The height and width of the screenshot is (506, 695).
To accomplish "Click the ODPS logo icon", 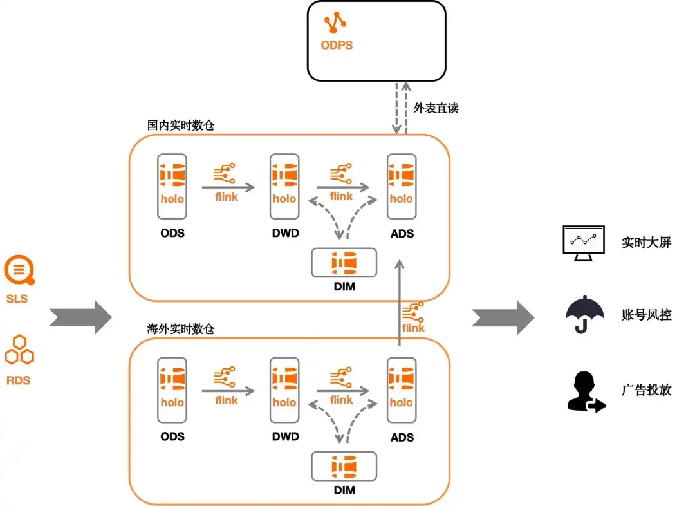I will [335, 23].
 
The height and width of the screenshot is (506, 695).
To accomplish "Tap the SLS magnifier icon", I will [19, 270].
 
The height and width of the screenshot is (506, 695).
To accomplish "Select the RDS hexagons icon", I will [19, 350].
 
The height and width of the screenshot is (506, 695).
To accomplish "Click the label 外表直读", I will [436, 108].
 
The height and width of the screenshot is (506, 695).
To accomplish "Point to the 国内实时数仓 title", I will [180, 125].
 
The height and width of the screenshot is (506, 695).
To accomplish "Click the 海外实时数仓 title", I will [180, 329].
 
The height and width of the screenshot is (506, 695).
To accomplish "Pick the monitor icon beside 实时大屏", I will [583, 243].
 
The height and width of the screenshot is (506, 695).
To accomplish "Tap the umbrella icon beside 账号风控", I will [584, 315].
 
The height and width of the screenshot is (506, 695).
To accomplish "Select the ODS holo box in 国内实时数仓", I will [172, 185].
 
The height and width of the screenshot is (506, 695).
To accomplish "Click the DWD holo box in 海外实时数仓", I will [284, 389].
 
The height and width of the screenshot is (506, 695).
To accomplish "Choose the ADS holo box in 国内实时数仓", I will [401, 185].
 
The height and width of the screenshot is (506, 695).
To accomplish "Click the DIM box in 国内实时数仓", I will [344, 263].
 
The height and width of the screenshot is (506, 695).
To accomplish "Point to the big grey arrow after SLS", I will [81, 317].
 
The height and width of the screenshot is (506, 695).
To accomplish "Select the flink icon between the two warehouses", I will [413, 317].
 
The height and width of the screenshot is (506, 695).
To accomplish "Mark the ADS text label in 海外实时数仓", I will [402, 437].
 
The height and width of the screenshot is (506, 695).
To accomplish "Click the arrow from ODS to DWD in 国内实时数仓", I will [228, 187].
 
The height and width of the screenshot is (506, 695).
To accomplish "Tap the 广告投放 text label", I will [646, 390].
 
